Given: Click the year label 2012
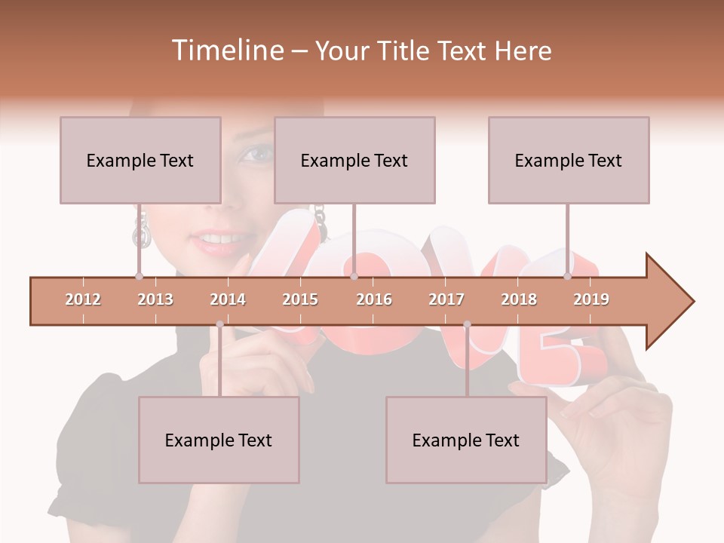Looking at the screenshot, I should click(83, 299).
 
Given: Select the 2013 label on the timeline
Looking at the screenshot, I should click(155, 299).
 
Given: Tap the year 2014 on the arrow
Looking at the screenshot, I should click(228, 299).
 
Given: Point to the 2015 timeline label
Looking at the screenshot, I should click(300, 299).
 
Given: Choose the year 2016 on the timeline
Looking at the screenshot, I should click(374, 299).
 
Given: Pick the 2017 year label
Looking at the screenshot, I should click(446, 299).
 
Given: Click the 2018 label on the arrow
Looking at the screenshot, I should click(519, 299).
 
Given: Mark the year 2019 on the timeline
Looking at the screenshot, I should click(591, 299).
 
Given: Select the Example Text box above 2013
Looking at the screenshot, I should click(140, 160).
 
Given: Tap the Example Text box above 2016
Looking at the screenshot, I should click(354, 160).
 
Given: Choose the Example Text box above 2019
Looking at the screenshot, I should click(569, 160).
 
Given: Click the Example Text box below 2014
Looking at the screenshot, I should click(219, 440).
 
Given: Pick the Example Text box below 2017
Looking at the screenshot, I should click(466, 440).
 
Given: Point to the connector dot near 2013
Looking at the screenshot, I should click(140, 277).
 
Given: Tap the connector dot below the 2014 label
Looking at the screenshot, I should click(219, 324).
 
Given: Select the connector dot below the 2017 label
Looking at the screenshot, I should click(467, 324).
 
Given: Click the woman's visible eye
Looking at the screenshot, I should click(256, 155).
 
